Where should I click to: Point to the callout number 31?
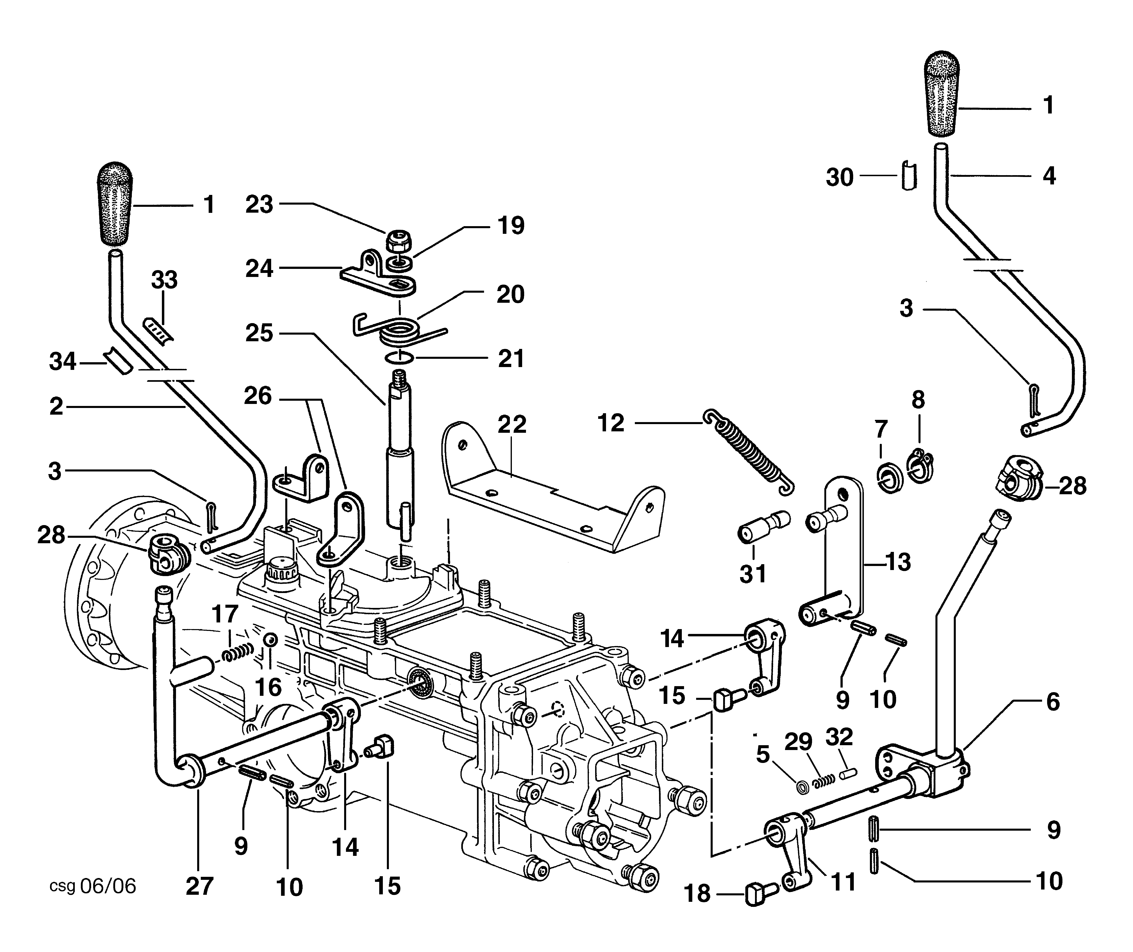tap(753, 574)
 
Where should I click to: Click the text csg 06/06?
tap(93, 886)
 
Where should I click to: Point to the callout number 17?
tap(225, 614)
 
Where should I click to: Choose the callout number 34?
tap(63, 361)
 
